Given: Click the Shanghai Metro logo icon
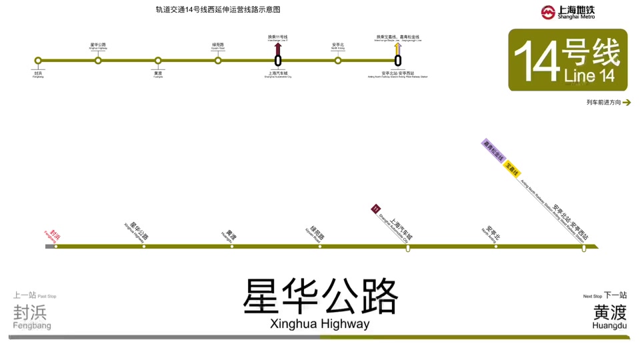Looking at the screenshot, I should pos(548,12).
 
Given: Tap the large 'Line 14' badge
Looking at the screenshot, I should pos(567,60).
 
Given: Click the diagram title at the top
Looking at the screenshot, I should pos(218,10).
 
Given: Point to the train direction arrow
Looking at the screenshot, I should pos(626,103).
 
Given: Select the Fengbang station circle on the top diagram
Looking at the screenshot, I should pos(38,61).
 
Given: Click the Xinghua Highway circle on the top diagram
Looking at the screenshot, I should pos(98,61).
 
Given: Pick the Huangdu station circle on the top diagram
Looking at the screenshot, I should pos(158,61).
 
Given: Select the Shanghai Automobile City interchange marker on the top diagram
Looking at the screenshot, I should pos(278,61).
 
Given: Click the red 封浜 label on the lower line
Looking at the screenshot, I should pos(53,234).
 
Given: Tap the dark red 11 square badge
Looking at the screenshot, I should pos(375,209).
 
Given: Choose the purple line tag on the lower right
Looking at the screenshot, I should pos(494,151).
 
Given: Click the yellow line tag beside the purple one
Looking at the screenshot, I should pos(512,169).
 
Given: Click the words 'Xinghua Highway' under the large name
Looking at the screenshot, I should pos(320,325).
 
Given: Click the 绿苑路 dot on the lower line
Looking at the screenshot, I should pos(320,247).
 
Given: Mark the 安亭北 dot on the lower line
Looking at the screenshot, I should pos(496,247).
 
